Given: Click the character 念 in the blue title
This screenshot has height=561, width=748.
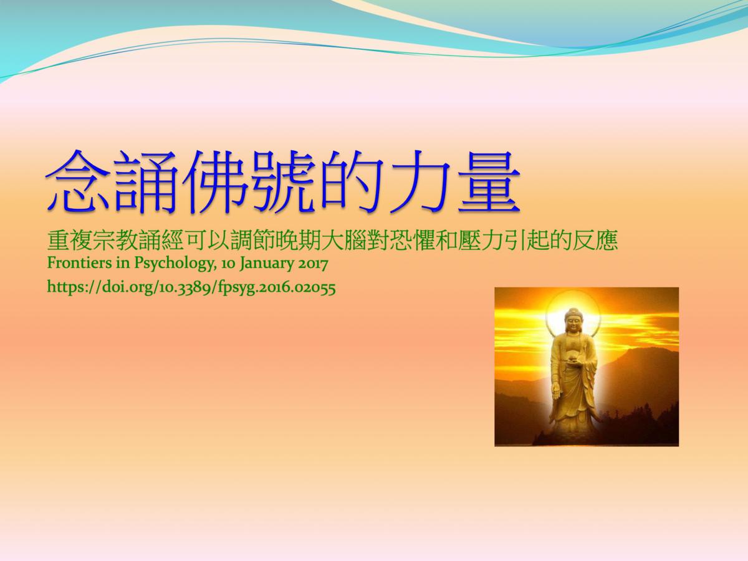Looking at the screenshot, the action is point(78,182).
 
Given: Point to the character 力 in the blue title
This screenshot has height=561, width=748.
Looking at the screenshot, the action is point(421,182).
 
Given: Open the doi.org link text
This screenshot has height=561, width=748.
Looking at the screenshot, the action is point(191,287).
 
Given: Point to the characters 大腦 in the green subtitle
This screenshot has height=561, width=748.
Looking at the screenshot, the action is point(344,241).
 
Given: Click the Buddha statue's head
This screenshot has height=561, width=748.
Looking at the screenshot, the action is point(573,320).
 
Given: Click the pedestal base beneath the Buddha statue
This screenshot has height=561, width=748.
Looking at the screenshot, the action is point(573,430).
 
